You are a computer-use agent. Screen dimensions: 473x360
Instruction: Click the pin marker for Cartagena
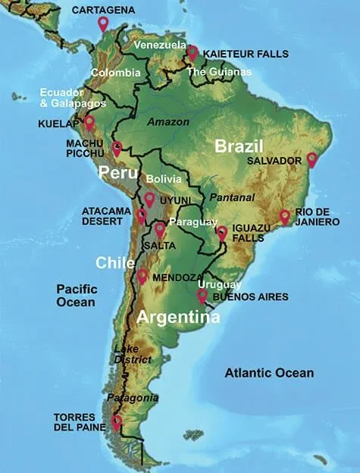(103, 23)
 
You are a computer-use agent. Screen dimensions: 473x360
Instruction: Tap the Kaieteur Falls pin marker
(193, 52)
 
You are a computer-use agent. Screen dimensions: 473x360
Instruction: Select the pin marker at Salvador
(311, 159)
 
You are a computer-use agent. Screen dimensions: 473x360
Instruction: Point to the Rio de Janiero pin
(285, 217)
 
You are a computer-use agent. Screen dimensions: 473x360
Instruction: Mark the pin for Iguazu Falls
(222, 233)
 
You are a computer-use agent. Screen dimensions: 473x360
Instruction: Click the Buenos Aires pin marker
(202, 296)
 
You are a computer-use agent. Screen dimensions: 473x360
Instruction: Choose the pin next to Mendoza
(142, 276)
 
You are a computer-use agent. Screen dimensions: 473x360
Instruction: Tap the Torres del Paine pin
(116, 421)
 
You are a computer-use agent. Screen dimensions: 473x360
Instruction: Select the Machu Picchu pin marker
(117, 149)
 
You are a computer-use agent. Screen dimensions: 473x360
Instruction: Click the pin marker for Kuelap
(89, 122)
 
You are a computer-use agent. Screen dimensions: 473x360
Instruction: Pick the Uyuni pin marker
(149, 199)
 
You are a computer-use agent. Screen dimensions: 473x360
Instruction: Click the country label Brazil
(238, 146)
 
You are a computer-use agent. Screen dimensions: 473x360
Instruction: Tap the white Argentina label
(178, 317)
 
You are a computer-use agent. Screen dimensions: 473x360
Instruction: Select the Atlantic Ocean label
(269, 372)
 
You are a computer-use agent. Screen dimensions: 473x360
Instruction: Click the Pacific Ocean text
(76, 295)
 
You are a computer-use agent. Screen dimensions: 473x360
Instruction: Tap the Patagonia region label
(133, 397)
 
